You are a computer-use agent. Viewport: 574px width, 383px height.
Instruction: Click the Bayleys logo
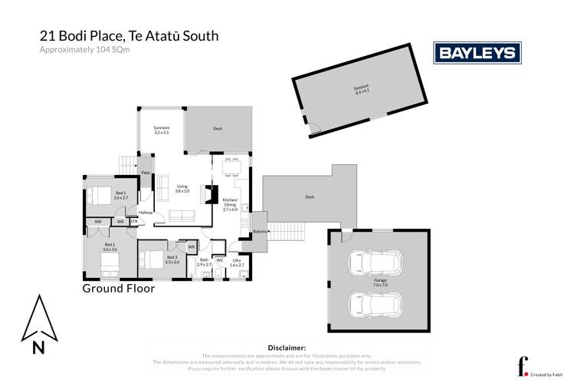(478, 52)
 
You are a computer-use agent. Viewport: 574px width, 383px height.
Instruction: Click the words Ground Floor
(119, 289)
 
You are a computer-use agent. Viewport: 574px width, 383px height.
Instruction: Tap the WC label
(218, 261)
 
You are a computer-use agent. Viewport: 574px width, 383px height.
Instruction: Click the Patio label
(146, 173)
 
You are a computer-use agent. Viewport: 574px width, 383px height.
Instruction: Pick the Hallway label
(146, 213)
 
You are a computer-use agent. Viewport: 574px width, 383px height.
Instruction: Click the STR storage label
(135, 222)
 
